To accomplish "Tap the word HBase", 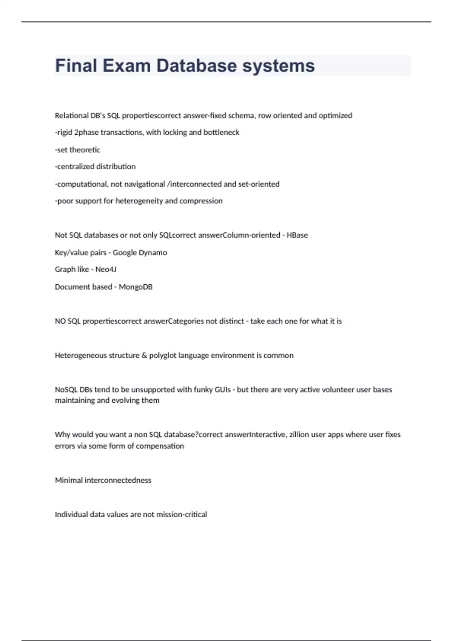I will (297, 235).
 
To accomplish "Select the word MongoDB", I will (136, 287).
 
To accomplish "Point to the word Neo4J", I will (106, 270).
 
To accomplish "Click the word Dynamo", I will (153, 253).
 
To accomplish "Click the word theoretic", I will (85, 150).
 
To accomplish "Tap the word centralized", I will (75, 167).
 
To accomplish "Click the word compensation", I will (160, 446).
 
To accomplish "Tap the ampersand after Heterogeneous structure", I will (144, 356).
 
